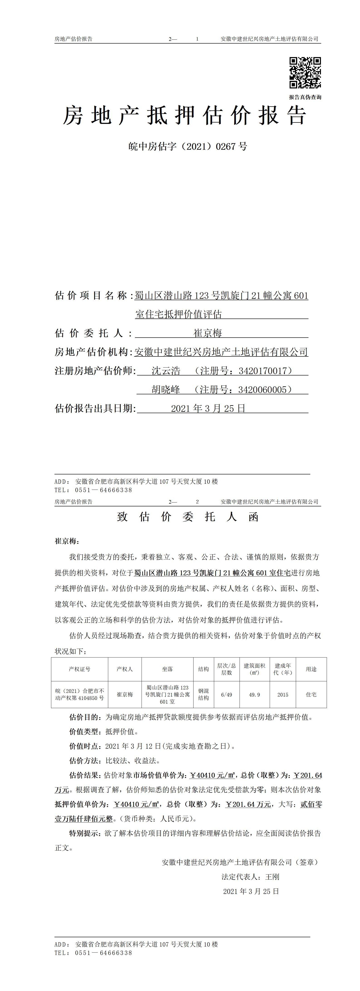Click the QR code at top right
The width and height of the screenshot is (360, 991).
click(305, 73)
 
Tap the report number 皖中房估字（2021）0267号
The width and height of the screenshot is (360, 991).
click(188, 147)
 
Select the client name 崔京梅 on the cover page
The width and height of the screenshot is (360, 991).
click(208, 333)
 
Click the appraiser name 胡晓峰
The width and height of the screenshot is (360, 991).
click(166, 390)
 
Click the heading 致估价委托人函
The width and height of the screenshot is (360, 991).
click(188, 517)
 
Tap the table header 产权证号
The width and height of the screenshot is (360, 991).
click(80, 669)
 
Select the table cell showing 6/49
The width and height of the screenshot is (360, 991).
click(227, 694)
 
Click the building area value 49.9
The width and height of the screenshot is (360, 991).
click(254, 694)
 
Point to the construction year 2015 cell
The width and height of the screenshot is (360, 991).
click(283, 694)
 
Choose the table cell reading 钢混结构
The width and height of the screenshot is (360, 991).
click(203, 694)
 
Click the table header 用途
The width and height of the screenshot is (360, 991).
click(311, 669)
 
